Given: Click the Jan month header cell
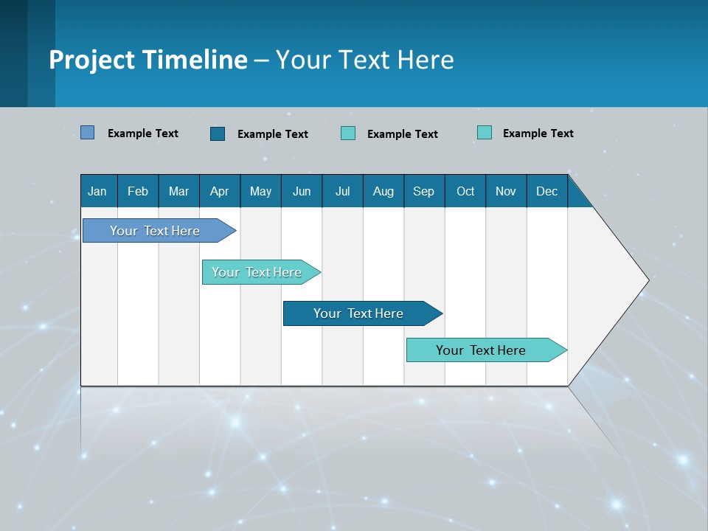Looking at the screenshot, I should point(98,191).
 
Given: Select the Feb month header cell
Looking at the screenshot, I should point(138,191).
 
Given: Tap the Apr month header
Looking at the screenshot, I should point(220,191).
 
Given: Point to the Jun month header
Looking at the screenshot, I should point(302,191).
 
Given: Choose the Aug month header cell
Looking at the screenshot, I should point(383,191).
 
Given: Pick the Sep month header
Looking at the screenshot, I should point(424,191).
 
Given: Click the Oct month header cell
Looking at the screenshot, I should point(465,191).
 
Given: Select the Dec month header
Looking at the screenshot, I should point(547,191).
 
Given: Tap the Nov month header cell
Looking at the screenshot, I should point(506,191).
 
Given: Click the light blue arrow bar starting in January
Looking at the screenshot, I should point(155,231).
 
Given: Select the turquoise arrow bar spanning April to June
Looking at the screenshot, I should point(257,272).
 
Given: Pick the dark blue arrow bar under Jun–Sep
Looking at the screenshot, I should point(358,313).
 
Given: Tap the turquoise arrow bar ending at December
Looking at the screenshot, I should point(481,350).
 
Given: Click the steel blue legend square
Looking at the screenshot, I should point(88,133).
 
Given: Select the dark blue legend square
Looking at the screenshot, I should point(218,133).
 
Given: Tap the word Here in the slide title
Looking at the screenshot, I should point(426,60).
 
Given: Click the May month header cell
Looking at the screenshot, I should point(260,191).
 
